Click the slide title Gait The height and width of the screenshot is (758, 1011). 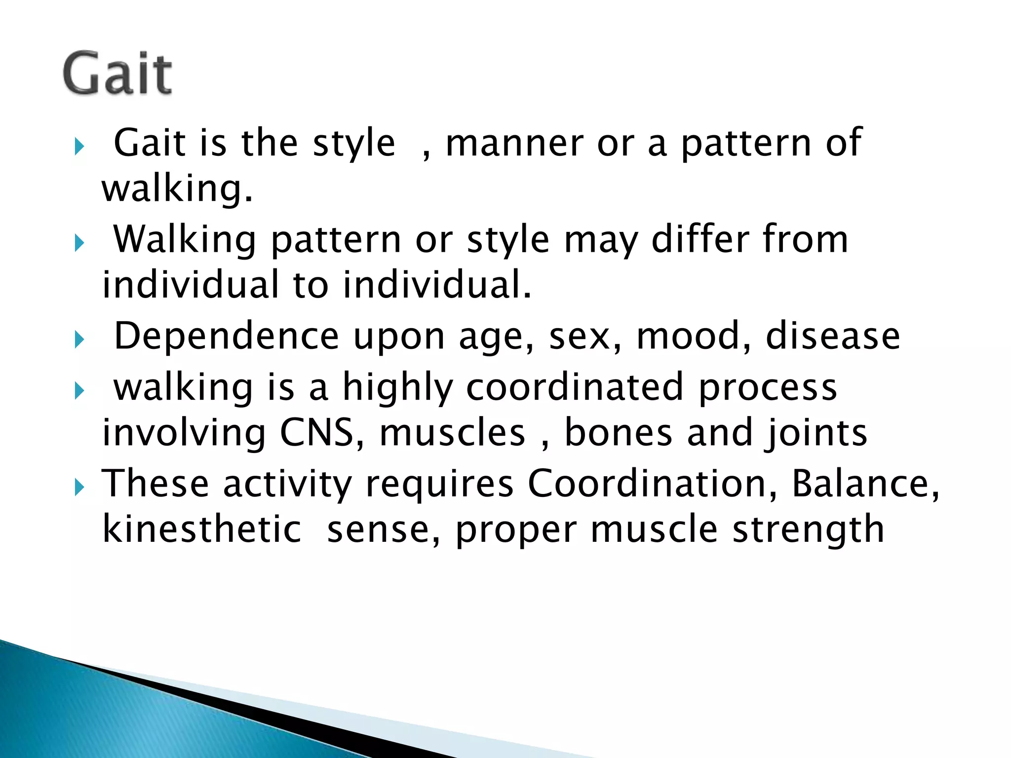pos(117,74)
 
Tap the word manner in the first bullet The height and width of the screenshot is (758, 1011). pos(514,144)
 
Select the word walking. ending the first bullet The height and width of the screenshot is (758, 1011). pos(177,189)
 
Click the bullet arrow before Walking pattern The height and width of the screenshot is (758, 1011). pos(79,243)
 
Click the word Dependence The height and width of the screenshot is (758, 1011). pos(226,336)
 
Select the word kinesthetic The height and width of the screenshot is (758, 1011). pos(201,529)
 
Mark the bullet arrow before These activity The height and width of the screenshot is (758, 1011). pos(79,488)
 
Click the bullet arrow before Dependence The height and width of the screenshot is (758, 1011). pos(79,340)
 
